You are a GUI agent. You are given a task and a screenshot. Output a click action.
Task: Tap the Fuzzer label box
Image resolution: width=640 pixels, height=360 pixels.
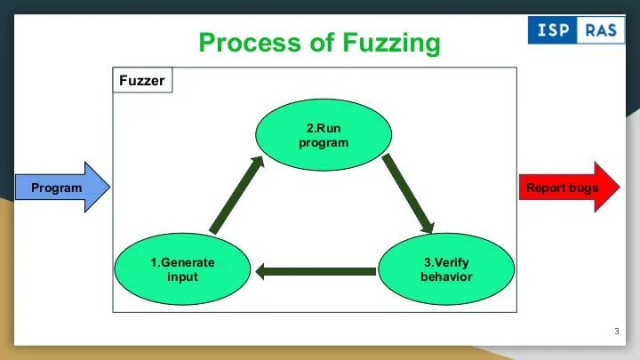(143, 81)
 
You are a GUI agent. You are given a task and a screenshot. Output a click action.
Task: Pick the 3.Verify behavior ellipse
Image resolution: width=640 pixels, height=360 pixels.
(446, 269)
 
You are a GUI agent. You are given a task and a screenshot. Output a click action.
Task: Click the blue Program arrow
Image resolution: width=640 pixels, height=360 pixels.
(62, 188)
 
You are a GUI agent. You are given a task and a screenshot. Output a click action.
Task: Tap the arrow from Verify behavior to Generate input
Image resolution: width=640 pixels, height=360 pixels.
(316, 270)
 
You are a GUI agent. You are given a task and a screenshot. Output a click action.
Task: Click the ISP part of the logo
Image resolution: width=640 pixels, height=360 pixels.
(551, 30)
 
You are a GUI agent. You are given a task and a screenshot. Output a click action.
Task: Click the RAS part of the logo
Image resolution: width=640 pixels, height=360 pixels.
(601, 30)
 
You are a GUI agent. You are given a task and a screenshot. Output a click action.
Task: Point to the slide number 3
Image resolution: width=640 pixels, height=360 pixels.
(616, 332)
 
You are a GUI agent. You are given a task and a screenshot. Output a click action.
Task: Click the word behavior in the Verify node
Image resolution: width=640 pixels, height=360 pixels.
(446, 277)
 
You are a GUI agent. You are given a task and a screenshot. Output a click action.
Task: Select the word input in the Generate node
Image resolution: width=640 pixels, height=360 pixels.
(182, 277)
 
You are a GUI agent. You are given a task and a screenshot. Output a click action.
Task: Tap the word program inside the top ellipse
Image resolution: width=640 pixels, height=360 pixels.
(323, 143)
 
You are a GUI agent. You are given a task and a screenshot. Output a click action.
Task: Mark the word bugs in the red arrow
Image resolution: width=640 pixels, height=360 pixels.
(583, 188)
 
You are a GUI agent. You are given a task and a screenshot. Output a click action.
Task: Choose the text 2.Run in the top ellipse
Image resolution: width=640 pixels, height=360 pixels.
(323, 128)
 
